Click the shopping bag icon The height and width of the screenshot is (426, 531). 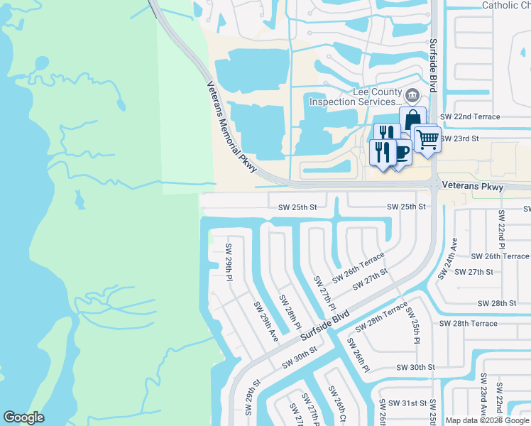point(412,119)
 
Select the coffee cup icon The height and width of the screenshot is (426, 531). point(401,151)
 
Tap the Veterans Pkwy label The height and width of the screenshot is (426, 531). point(472,187)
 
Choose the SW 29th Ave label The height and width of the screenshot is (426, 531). point(266,321)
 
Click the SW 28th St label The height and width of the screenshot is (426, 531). point(497,303)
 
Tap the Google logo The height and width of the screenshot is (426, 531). point(24,417)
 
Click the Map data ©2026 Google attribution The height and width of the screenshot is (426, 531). point(488,420)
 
